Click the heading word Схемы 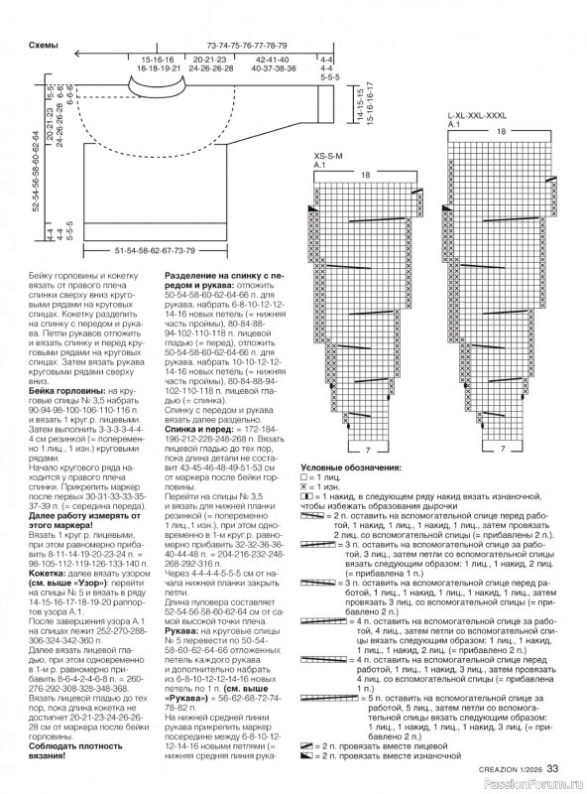pyautogui.click(x=41, y=46)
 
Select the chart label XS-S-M pyautogui.click(x=327, y=156)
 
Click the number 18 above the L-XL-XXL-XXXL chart pyautogui.click(x=501, y=131)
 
